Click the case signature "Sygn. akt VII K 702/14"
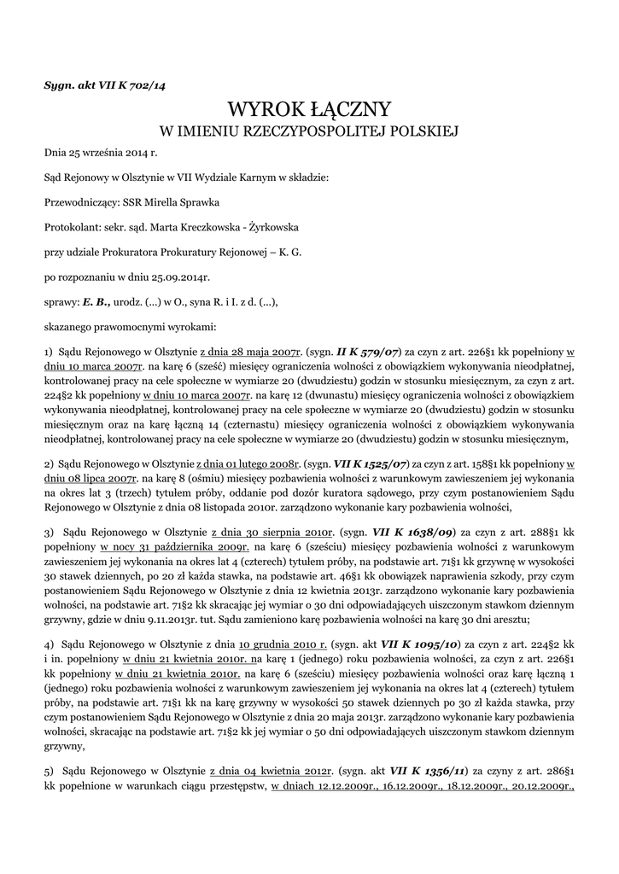[x=105, y=86]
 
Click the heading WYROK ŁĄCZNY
[x=309, y=109]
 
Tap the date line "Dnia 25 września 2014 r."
[x=102, y=154]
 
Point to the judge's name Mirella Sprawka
[x=183, y=203]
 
